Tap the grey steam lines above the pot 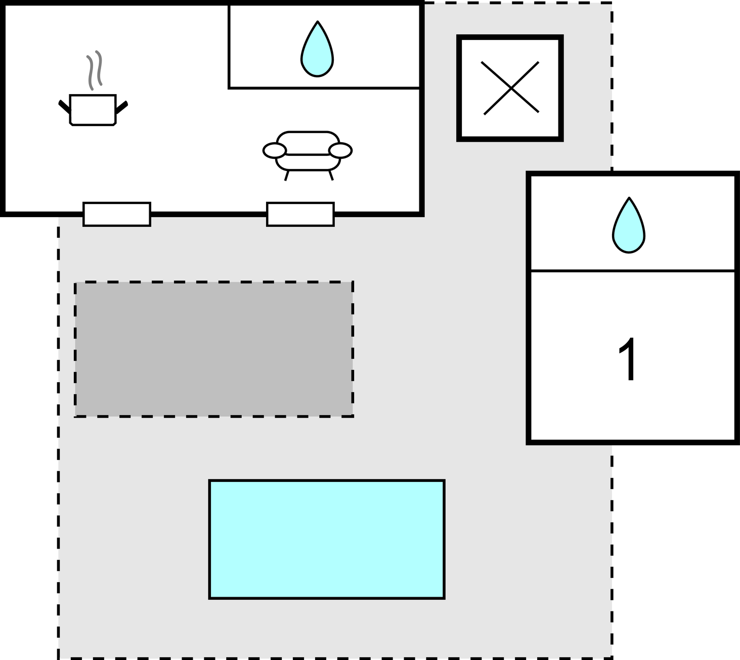pos(94,70)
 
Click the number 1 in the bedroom pos(628,358)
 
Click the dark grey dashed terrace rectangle pos(214,349)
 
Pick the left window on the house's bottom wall pos(117,214)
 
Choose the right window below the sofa pos(300,214)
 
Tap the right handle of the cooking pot pos(121,107)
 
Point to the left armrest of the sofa pos(274,150)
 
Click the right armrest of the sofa pos(340,150)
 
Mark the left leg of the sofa pos(287,176)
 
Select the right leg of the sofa pos(331,175)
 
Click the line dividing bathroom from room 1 pos(632,271)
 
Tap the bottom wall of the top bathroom pos(324,88)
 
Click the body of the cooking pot pos(93,110)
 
